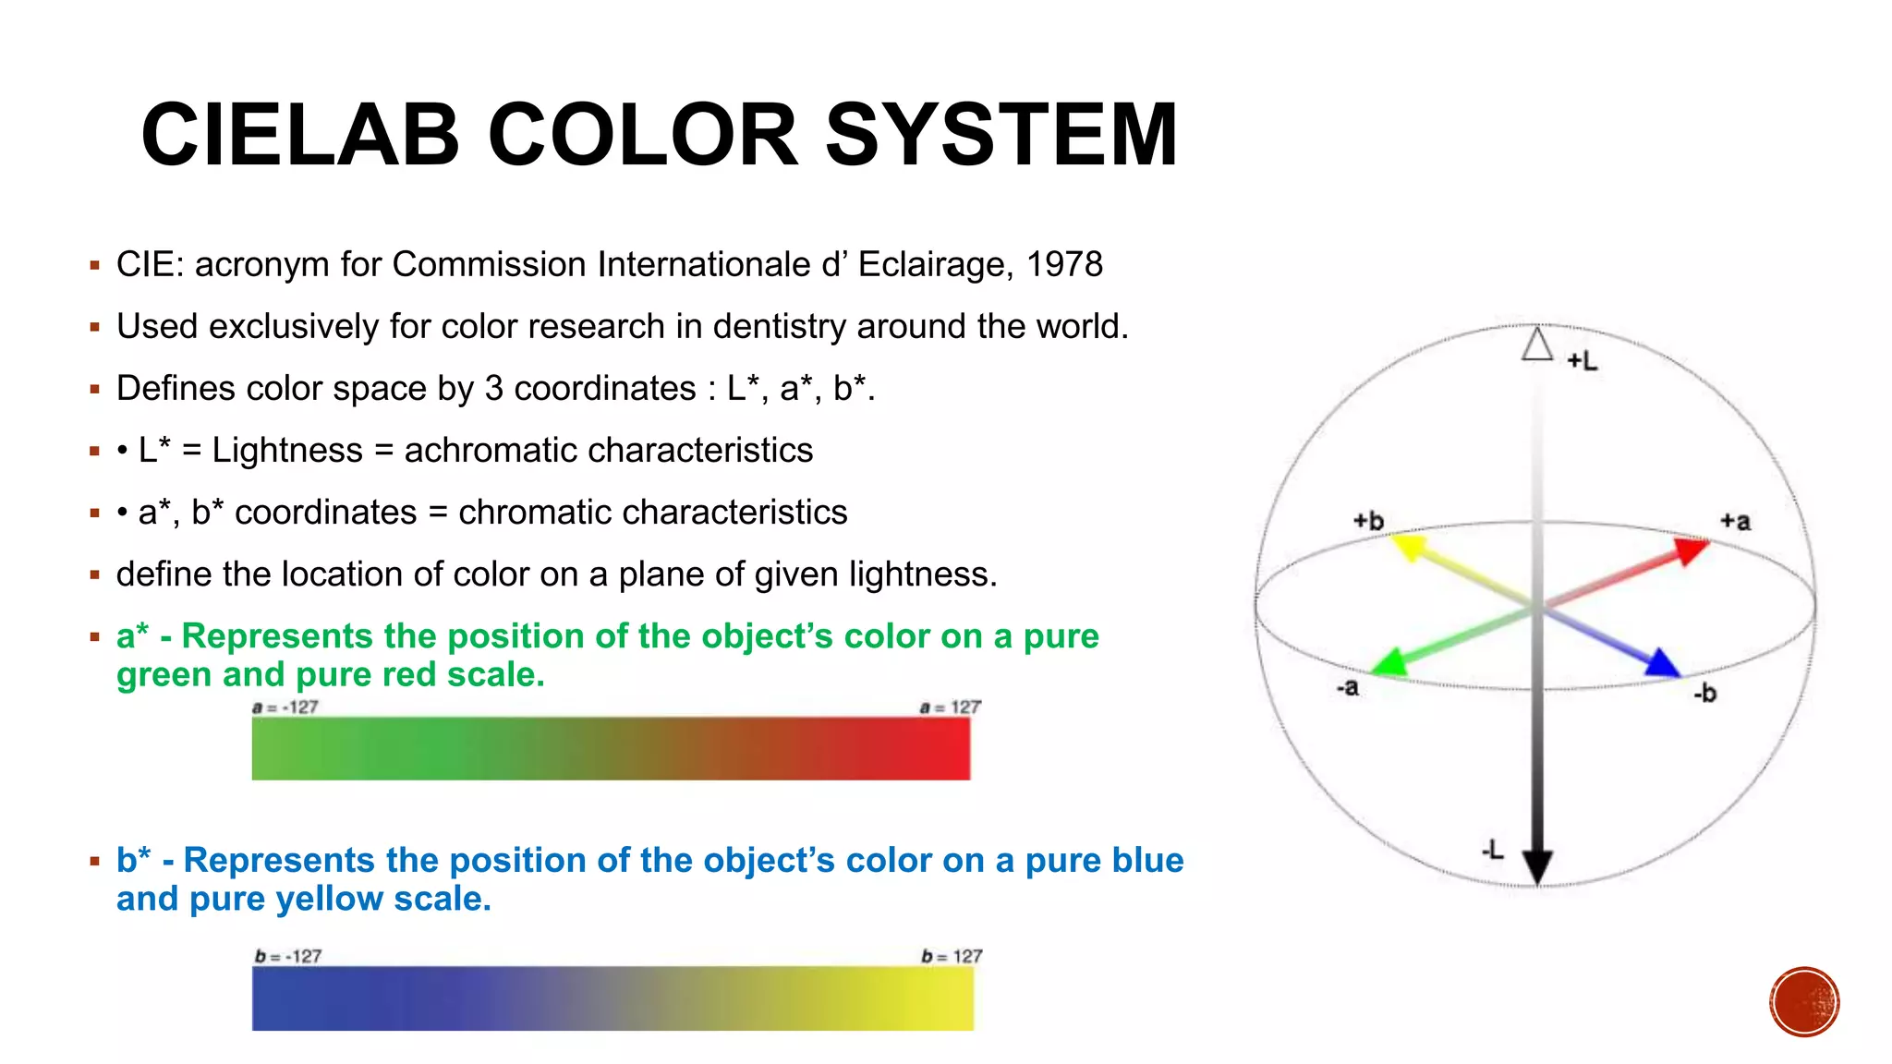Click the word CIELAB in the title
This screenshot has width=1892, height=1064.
[300, 136]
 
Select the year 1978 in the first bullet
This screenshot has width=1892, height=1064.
[1064, 265]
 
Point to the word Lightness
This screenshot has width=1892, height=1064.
[287, 451]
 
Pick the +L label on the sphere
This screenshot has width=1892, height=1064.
[1583, 361]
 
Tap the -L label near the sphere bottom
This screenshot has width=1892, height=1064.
[1493, 850]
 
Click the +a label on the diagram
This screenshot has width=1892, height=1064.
[1735, 522]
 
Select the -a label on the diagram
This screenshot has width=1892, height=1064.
[1347, 688]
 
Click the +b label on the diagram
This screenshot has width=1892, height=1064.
[1368, 521]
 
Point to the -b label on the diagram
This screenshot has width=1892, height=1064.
[1705, 693]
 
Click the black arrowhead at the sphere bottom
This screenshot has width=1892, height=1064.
[1536, 866]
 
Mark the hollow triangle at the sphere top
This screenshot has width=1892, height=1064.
[1537, 345]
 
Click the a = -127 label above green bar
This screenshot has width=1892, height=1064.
[285, 707]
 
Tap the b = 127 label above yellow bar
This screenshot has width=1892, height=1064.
[952, 957]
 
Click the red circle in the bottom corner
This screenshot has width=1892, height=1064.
[1804, 1002]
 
